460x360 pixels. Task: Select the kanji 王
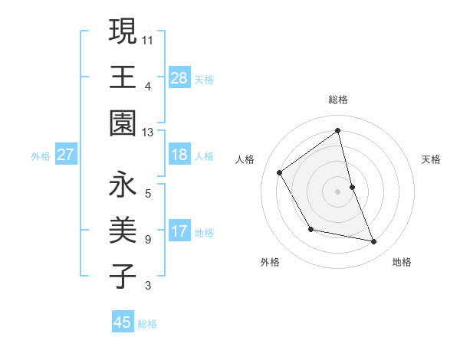(123, 77)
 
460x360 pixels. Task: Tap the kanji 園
(123, 123)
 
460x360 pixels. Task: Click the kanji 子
(123, 277)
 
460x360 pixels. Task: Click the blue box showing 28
(179, 77)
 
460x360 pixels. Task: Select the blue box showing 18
(179, 155)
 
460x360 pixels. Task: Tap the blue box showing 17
(179, 231)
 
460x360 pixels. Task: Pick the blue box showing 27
(65, 155)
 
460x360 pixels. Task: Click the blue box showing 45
(123, 322)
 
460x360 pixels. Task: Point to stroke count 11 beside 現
(147, 39)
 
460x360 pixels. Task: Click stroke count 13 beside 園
(147, 133)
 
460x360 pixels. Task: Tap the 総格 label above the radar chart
(337, 100)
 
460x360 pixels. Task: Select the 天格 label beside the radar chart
(432, 159)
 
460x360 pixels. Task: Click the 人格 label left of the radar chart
(245, 159)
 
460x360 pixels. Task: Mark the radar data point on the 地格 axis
(374, 242)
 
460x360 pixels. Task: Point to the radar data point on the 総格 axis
(337, 130)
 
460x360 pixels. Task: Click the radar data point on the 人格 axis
(280, 172)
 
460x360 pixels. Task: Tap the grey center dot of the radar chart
(337, 191)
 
